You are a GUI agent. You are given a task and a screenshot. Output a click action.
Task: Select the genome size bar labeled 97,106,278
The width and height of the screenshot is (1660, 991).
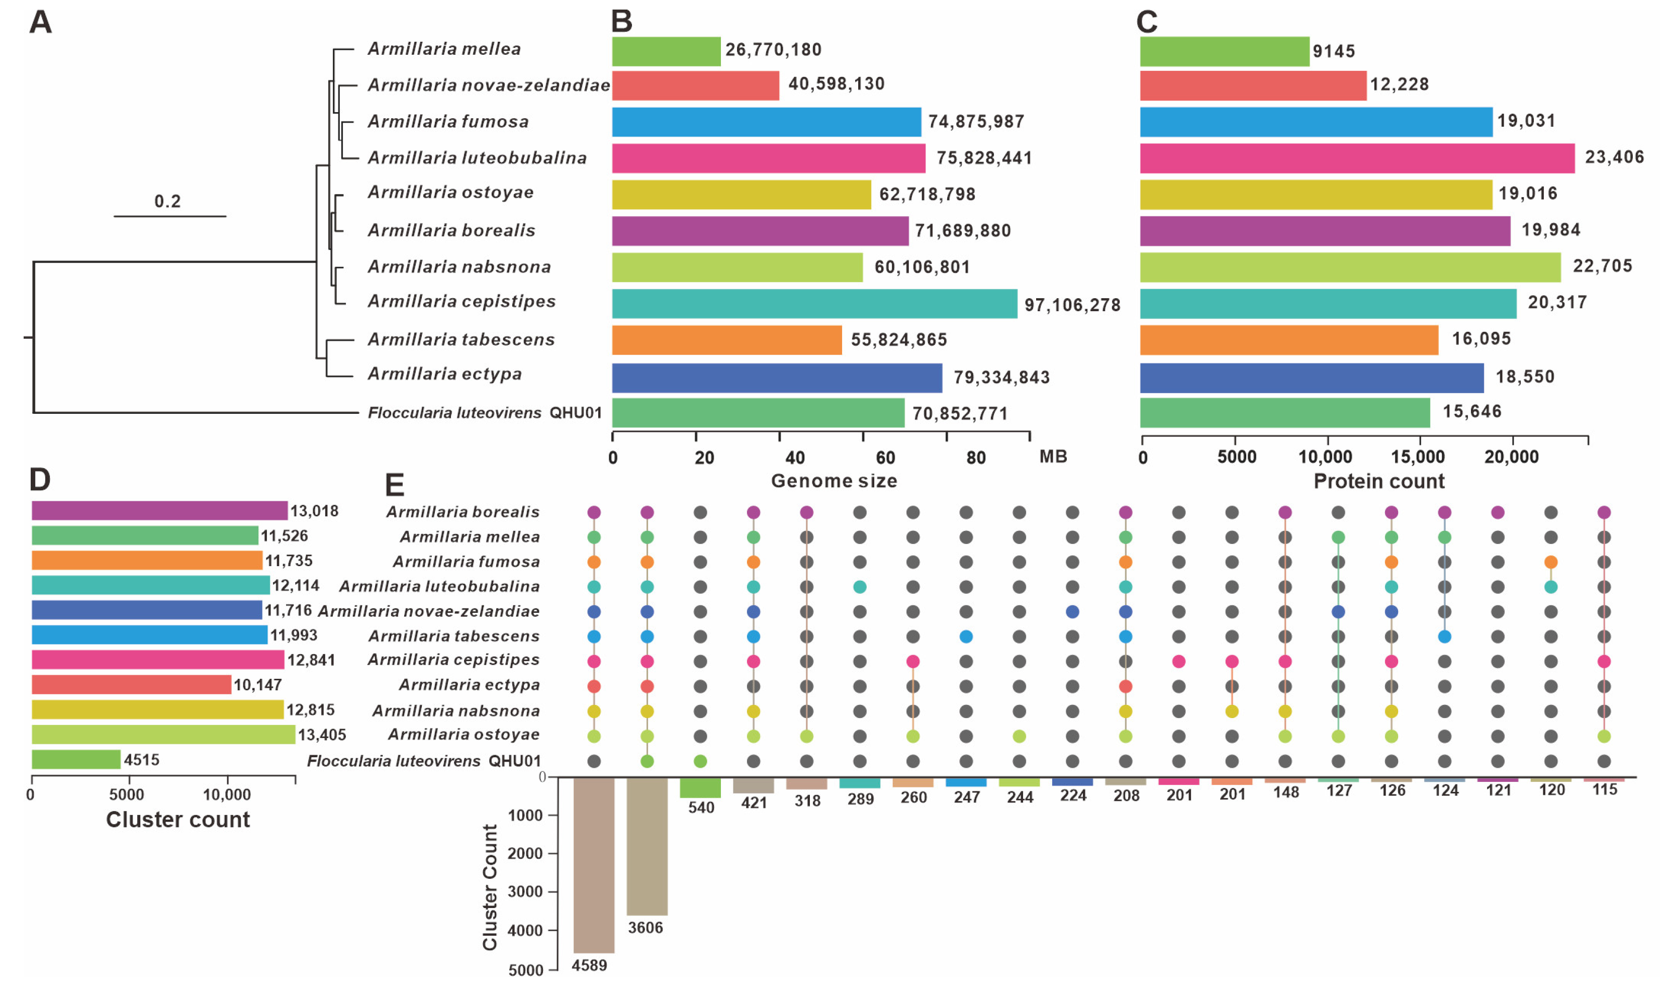point(814,304)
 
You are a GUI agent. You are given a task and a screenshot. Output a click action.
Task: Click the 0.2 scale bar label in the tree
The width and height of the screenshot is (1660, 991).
point(167,201)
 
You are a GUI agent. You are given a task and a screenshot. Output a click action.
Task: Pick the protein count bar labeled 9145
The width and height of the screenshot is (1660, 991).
point(1224,51)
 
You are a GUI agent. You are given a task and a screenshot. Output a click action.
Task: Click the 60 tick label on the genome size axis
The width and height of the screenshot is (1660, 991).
point(885,458)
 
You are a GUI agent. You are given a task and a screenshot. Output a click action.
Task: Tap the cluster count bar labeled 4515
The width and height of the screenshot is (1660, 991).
point(76,759)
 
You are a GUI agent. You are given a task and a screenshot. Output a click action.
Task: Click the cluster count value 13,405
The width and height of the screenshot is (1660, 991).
point(322,735)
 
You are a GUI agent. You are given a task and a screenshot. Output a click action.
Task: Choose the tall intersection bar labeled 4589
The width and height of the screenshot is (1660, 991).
point(594,864)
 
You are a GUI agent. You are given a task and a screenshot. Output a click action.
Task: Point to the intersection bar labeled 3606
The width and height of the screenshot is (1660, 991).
point(647,845)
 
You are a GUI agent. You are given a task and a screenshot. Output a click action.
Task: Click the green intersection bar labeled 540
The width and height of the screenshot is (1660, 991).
point(700,787)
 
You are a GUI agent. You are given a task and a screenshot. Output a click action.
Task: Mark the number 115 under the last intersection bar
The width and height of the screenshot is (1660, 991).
point(1604,790)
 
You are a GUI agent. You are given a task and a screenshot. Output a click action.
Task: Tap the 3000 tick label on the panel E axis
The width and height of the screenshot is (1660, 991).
point(525,891)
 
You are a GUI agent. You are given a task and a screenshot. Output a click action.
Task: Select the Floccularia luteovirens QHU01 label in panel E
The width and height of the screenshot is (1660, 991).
point(423,761)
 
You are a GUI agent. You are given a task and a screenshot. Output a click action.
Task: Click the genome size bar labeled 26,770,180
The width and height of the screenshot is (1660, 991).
point(666,51)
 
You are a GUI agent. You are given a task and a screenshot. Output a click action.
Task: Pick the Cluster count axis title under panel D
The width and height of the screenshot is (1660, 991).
point(177,820)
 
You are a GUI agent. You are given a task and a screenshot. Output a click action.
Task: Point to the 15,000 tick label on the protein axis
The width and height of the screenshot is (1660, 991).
point(1417,458)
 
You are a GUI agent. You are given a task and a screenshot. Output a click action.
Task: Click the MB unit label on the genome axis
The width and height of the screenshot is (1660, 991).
point(1053,457)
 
